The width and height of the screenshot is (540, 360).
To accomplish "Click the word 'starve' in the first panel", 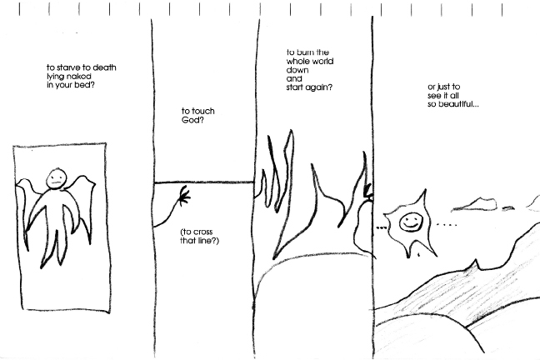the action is (63, 67).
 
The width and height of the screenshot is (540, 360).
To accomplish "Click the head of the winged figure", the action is (56, 178).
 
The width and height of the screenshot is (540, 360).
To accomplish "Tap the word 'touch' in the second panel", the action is (203, 111).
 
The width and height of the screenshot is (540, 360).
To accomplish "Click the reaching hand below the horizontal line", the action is (184, 196).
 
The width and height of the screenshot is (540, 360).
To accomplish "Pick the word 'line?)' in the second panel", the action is (207, 241).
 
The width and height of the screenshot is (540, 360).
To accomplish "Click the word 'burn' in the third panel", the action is (304, 52).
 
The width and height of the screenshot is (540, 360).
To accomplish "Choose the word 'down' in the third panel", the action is (297, 70).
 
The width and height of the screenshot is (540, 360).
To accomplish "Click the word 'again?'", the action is (320, 87).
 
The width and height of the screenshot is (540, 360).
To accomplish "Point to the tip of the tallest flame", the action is (292, 130).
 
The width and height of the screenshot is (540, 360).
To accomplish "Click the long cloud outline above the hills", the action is (474, 204).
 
